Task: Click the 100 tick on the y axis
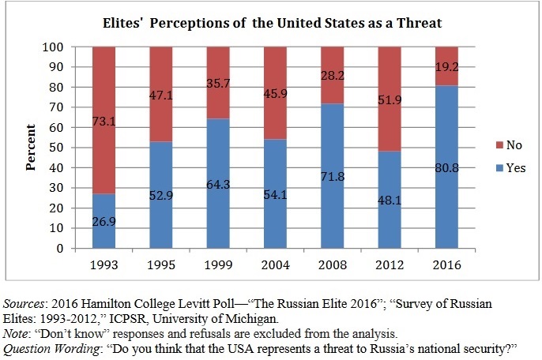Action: coord(63,47)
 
